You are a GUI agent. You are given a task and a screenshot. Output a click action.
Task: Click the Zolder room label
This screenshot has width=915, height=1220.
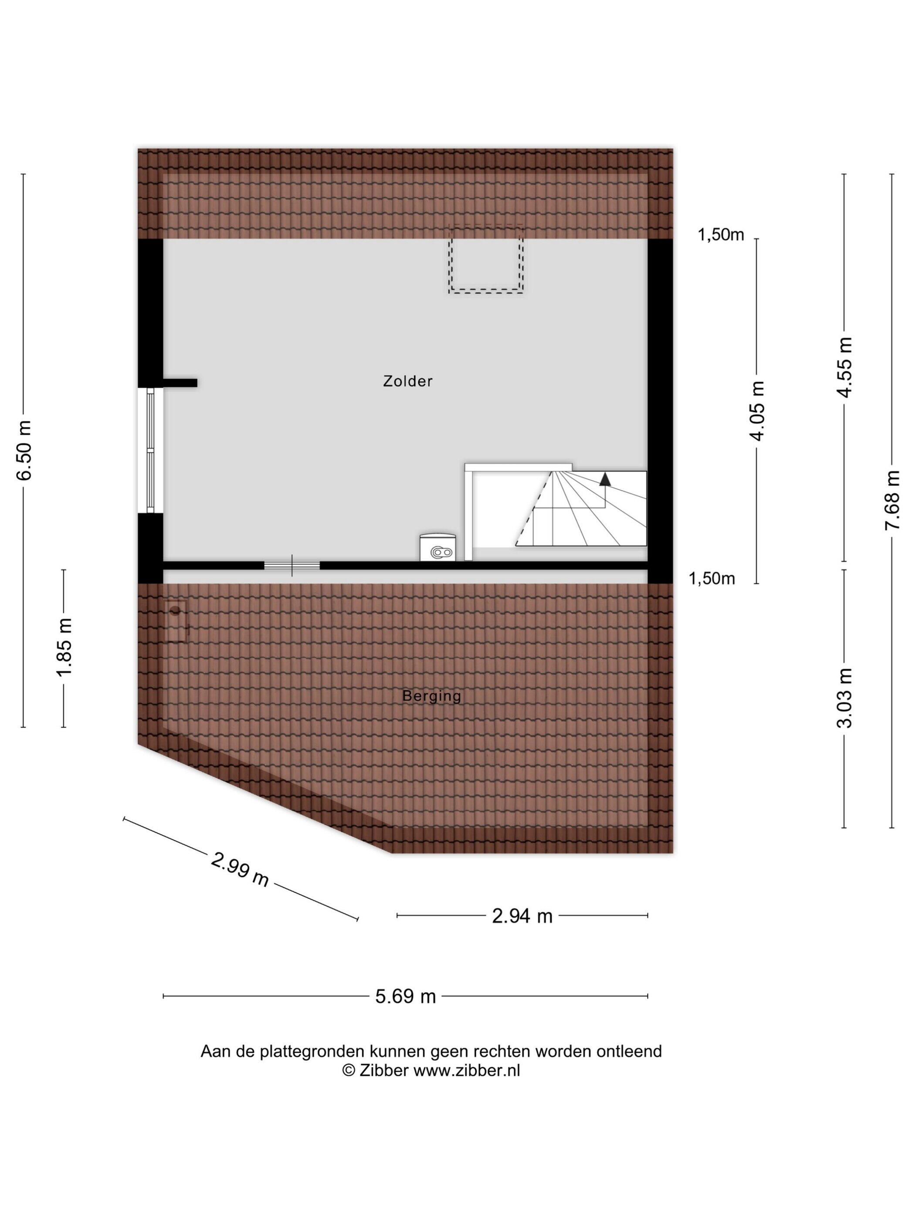[407, 381]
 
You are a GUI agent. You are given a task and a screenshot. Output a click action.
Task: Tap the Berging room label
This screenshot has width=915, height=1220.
[431, 696]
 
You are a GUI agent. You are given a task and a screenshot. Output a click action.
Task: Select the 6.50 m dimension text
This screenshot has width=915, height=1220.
[24, 451]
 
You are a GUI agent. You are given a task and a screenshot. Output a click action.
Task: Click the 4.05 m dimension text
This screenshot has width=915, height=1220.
[759, 411]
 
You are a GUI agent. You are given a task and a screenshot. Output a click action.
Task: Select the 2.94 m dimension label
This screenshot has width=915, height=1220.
[522, 916]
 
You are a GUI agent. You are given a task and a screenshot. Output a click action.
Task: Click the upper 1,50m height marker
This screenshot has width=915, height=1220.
[721, 235]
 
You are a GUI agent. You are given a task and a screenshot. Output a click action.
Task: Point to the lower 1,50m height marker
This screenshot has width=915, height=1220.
[712, 578]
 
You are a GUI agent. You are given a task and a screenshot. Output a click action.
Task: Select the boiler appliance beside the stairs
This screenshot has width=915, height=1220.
[438, 547]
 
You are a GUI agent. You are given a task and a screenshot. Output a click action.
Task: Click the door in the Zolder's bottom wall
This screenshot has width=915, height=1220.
[292, 565]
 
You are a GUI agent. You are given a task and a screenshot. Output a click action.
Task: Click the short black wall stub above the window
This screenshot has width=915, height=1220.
[180, 383]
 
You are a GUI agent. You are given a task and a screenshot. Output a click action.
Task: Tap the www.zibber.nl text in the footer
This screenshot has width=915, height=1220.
[466, 1071]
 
